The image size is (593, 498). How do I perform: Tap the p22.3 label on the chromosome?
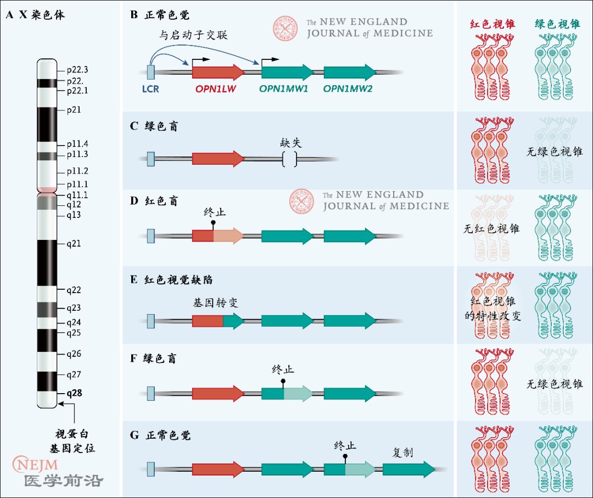pos(77,70)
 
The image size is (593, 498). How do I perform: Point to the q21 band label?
pos(74,243)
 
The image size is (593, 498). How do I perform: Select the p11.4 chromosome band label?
pos(77,144)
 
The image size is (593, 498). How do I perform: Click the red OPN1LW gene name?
pos(216,88)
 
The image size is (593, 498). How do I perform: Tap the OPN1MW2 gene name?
pos(348,88)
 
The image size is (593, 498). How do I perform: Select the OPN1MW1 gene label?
pos(286,88)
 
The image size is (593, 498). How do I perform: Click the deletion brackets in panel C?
pos(289,159)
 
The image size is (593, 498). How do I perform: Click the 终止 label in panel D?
pos(215,211)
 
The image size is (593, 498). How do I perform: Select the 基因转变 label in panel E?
pos(215,303)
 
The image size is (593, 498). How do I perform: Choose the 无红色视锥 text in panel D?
pos(491,228)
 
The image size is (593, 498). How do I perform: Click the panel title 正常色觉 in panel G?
pos(169,435)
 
